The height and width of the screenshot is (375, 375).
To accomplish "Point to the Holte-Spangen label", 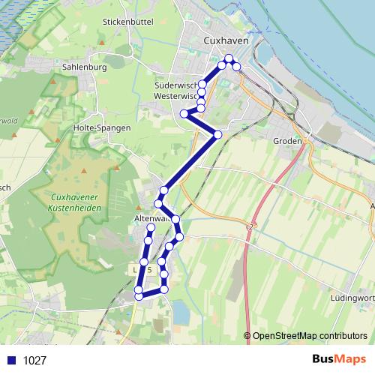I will tap(103, 127).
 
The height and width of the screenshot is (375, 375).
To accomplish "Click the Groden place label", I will tap(288, 141).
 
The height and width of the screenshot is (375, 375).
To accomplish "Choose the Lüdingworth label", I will tap(352, 298).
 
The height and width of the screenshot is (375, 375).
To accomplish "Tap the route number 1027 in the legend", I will tap(34, 360).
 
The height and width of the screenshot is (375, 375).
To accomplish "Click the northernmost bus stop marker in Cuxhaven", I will tap(229, 58).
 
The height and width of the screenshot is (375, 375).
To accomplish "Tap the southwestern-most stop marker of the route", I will tap(138, 296).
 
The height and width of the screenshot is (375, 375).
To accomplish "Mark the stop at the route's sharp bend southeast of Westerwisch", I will tap(217, 134).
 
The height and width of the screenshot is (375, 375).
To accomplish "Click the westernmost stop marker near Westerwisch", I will tap(184, 114).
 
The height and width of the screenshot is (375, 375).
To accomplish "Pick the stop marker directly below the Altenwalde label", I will tap(150, 227).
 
